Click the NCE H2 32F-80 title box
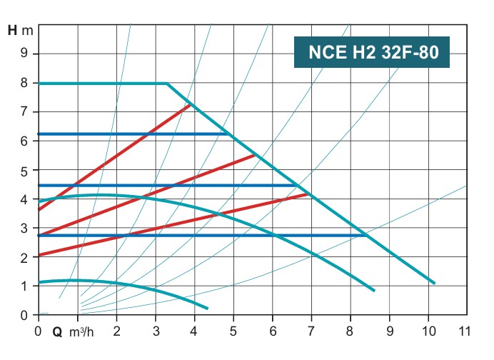[x=372, y=52]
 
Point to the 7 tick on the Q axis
[x=311, y=331]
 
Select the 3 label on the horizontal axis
[x=155, y=331]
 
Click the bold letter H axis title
[x=12, y=31]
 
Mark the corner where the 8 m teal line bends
[x=167, y=84]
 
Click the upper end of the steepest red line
[x=190, y=105]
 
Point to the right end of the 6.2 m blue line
[x=228, y=134]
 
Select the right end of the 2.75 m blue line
[x=366, y=235]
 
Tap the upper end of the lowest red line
[x=308, y=194]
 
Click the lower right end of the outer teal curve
[x=434, y=283]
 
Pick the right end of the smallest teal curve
[x=207, y=308]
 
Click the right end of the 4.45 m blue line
[x=296, y=185]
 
